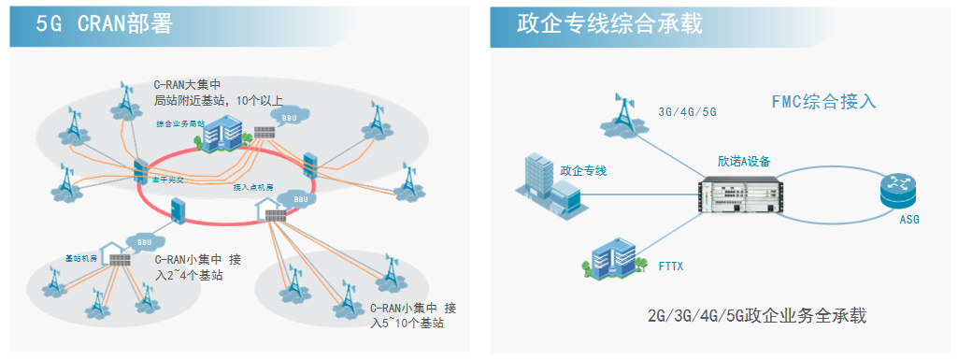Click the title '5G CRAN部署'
(x=104, y=24)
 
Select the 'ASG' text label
(x=909, y=220)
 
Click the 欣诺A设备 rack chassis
(x=735, y=194)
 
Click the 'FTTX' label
(x=670, y=266)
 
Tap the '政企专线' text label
(x=583, y=170)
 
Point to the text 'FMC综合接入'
(x=823, y=102)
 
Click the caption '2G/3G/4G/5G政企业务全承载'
(x=756, y=315)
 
